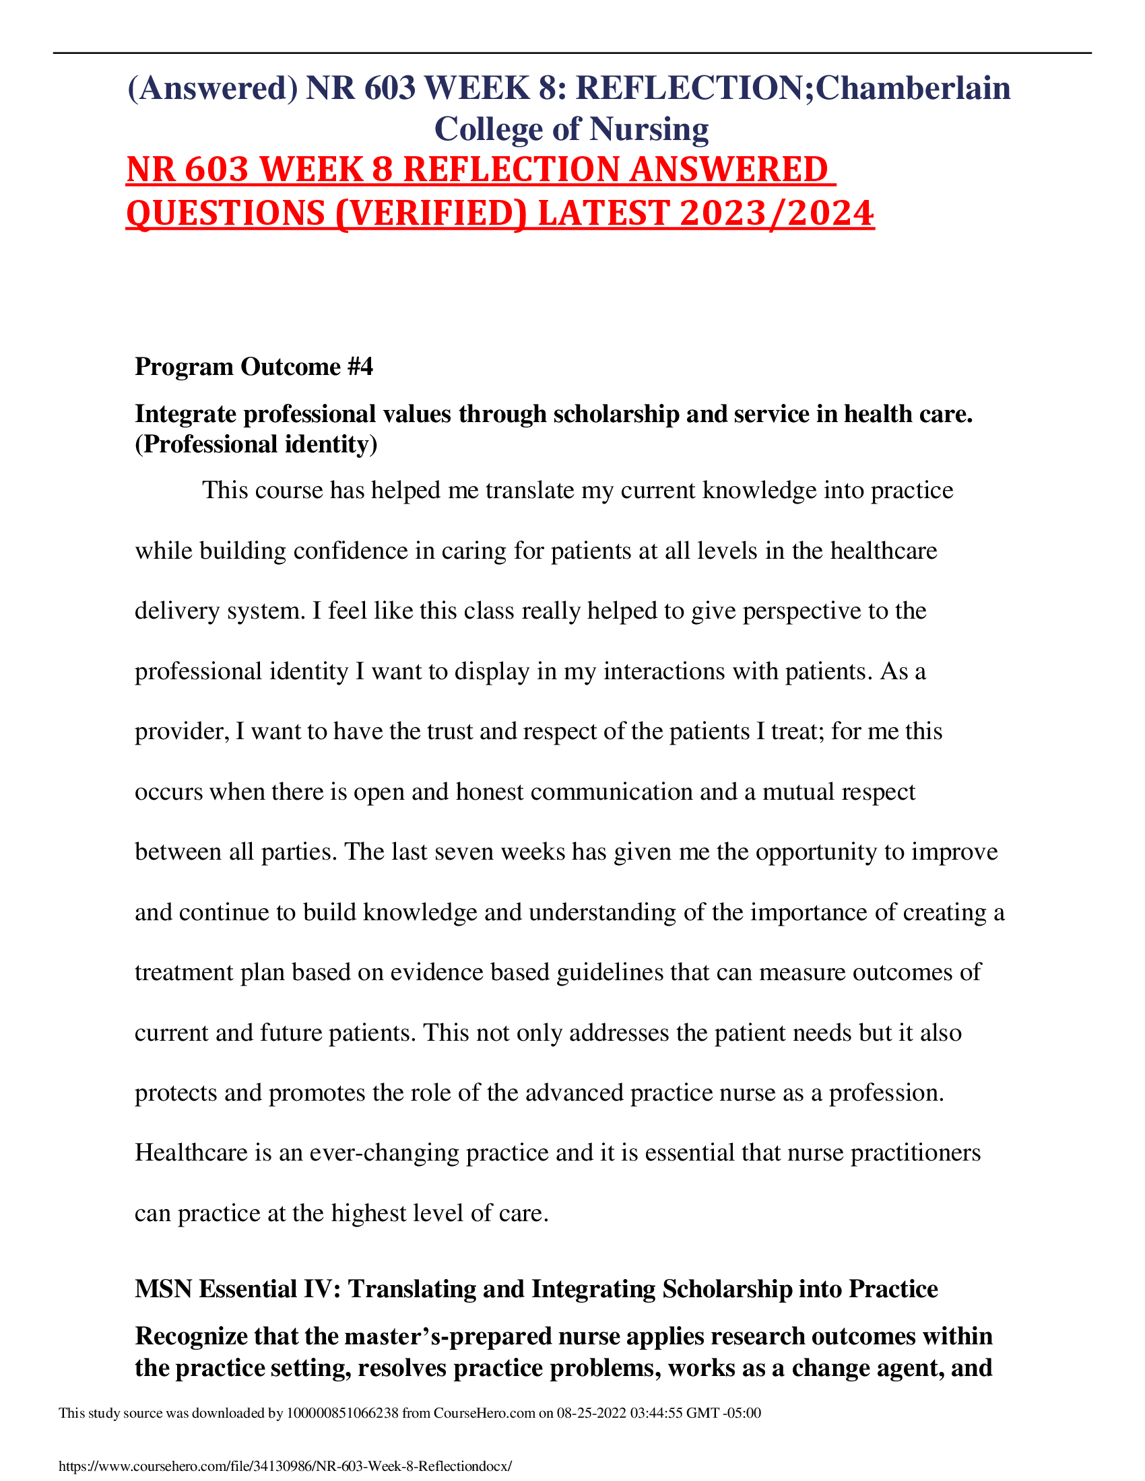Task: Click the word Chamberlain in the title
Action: point(913,88)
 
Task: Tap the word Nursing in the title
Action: point(649,129)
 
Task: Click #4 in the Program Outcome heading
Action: point(360,367)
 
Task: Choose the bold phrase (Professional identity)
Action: point(256,444)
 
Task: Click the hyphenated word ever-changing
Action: point(384,1152)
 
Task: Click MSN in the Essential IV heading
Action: point(163,1289)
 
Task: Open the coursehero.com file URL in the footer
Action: point(285,1467)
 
